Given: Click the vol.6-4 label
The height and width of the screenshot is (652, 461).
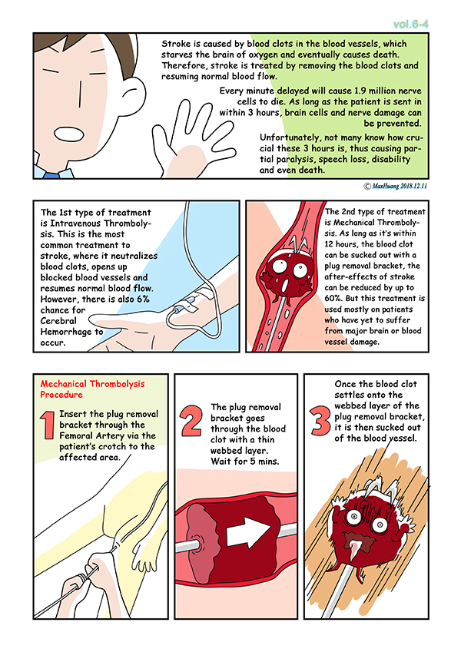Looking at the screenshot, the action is pos(410,25).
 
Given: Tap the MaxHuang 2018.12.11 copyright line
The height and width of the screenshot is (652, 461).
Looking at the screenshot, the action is pos(396,186).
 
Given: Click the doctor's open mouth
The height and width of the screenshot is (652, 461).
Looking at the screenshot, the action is pos(68,133).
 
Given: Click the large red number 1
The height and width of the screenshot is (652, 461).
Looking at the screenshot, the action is pos(48,425).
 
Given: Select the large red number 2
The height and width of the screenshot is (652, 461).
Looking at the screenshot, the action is pos(191,421).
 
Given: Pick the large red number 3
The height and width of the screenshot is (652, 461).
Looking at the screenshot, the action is pos(320,421).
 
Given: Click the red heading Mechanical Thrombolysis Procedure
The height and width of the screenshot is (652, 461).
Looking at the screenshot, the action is pos(92,389).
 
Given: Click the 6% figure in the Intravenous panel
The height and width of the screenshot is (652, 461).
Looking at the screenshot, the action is pos(143,299).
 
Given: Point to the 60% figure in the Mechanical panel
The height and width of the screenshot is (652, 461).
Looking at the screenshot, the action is pos(332,298).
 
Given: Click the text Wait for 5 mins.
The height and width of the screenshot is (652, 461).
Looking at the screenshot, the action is pos(245,461).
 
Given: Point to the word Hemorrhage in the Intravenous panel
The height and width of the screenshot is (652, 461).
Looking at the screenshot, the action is pos(66,332).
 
